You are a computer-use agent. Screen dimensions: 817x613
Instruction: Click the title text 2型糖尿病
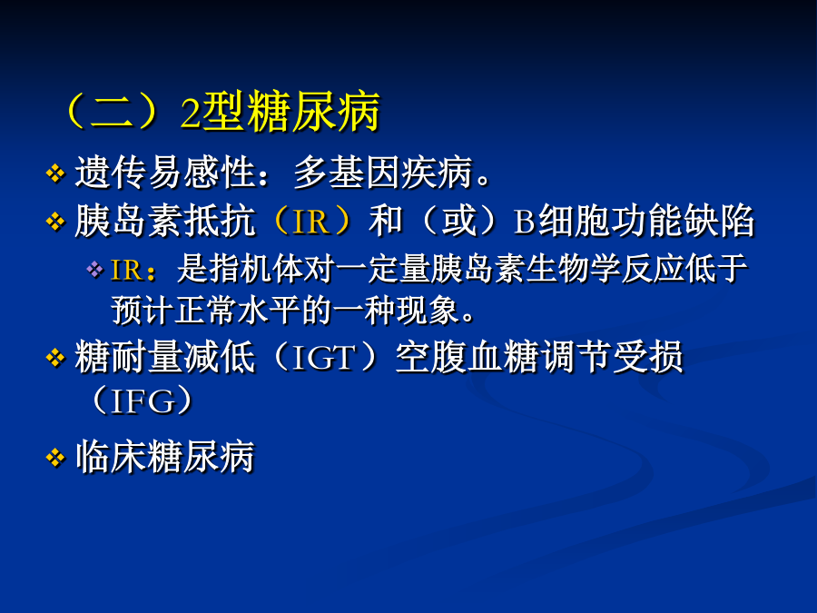coord(281,112)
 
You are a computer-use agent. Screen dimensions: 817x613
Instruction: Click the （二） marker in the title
coord(112,112)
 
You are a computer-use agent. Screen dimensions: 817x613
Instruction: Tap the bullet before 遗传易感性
coord(55,173)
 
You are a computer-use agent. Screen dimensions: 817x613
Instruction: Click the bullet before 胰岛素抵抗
coord(55,222)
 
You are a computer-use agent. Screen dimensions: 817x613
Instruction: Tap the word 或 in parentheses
coord(459,221)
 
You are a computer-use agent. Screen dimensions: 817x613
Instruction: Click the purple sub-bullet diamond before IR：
coord(94,270)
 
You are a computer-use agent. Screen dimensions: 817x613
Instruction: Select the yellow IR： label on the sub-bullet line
coord(133,270)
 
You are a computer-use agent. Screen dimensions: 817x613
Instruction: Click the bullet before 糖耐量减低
coord(55,358)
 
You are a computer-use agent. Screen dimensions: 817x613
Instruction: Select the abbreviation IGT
coord(323,358)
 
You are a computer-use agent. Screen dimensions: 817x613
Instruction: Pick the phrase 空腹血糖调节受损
coord(538,357)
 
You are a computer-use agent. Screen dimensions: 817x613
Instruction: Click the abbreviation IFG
coord(142,400)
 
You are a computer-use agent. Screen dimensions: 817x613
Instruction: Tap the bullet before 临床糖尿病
coord(55,459)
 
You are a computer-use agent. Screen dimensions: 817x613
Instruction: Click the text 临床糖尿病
coord(165,457)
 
